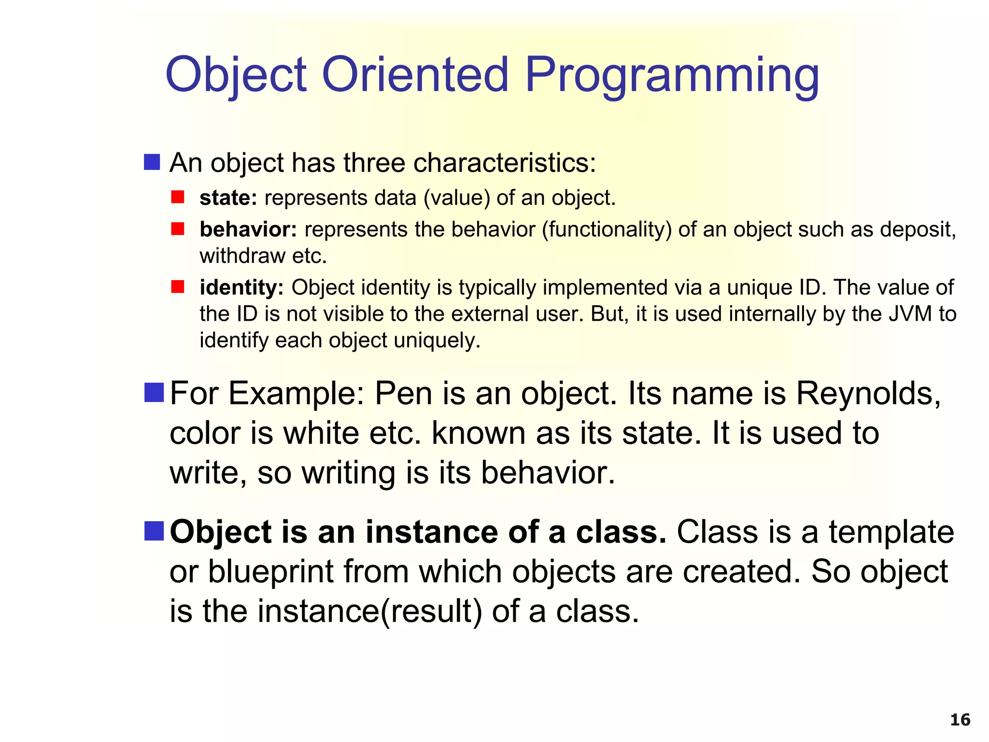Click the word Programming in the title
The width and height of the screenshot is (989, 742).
point(672,75)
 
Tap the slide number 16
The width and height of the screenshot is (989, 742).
point(960,720)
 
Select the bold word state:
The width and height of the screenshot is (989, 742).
point(228,198)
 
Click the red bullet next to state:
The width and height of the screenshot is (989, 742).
point(178,197)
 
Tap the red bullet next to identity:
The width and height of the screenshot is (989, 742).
point(178,286)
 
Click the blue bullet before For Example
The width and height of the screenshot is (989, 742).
point(154,392)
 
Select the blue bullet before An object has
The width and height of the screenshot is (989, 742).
point(152,162)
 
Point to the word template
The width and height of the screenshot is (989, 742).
point(891,532)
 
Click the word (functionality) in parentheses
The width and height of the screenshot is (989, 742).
point(607,229)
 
